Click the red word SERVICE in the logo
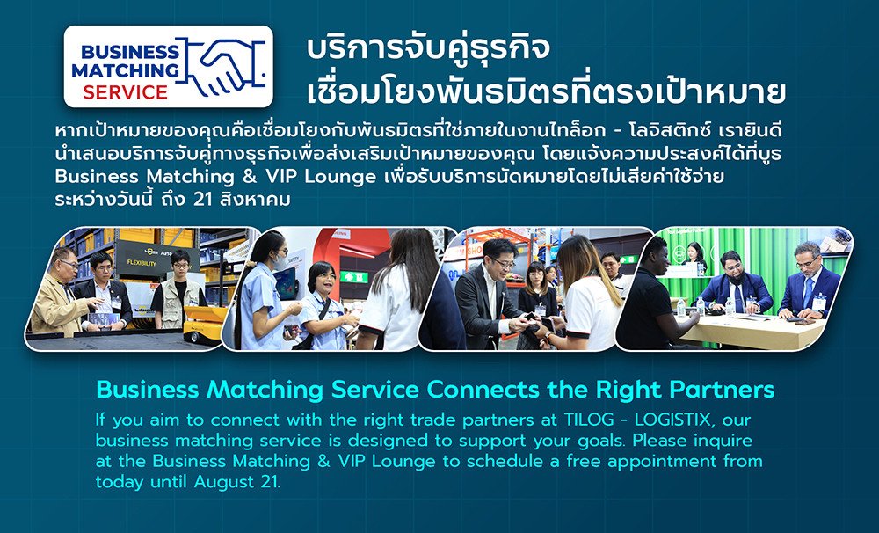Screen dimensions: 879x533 125,92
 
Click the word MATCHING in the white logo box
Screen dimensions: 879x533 125,70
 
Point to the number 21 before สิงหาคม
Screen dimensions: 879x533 202,199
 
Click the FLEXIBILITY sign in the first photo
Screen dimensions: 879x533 142,263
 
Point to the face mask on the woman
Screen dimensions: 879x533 280,261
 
